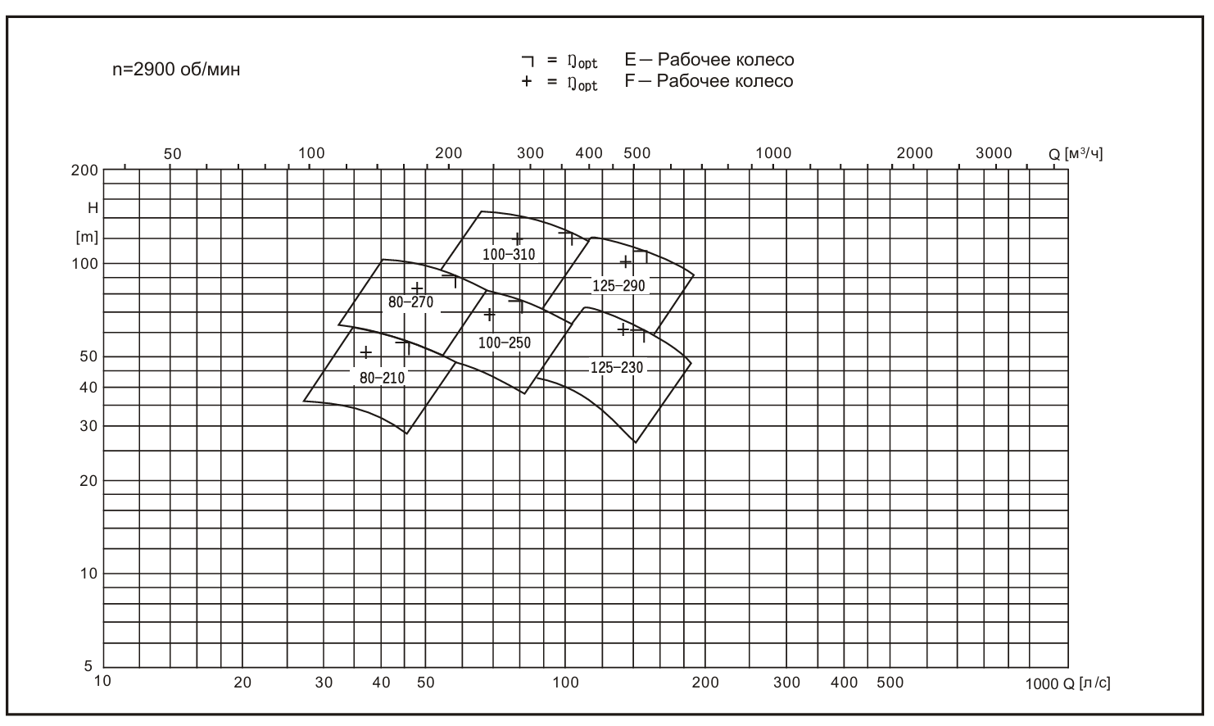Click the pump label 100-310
click(509, 254)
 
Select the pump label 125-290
click(618, 286)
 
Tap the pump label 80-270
click(410, 302)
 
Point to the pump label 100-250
click(504, 343)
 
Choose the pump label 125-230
click(616, 368)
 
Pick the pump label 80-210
click(382, 378)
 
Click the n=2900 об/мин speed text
click(176, 70)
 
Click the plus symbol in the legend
click(526, 81)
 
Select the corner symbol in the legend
click(528, 61)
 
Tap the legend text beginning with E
click(709, 59)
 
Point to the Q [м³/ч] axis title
click(1076, 154)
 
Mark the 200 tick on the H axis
click(84, 170)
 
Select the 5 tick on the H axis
click(88, 666)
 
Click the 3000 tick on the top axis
click(994, 153)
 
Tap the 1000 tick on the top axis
click(773, 153)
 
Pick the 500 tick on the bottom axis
click(890, 682)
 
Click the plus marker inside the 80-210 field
click(366, 352)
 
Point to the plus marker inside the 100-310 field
click(517, 238)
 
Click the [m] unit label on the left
click(87, 237)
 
